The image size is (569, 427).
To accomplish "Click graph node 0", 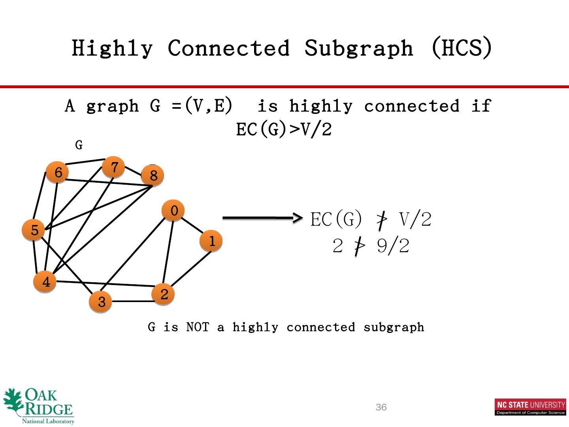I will coord(173,211).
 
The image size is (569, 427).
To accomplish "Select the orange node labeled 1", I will coord(211,241).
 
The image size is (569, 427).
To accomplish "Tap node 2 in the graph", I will coord(163,294).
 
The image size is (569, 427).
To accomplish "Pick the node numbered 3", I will coord(101,302).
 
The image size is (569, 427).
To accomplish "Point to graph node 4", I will coord(45,282).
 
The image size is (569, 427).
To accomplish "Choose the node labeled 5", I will coord(34,230).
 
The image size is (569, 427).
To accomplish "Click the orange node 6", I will coord(58,172).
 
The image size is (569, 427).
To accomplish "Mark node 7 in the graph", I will coord(114,167).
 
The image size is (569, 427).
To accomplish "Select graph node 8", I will coord(153,175).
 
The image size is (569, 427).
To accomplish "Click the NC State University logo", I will coord(530,407).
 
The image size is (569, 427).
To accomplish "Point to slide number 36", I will coord(381,407).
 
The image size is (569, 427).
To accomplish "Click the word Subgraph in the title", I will coord(358,48).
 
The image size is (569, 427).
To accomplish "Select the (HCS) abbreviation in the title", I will coord(462,48).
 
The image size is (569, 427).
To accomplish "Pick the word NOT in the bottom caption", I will coord(197,327).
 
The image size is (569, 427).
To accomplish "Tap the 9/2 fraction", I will coord(393,246).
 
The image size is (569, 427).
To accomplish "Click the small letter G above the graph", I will coord(79,145).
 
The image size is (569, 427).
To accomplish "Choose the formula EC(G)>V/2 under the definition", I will coord(284,129).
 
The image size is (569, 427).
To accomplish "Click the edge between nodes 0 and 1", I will coord(192,226).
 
